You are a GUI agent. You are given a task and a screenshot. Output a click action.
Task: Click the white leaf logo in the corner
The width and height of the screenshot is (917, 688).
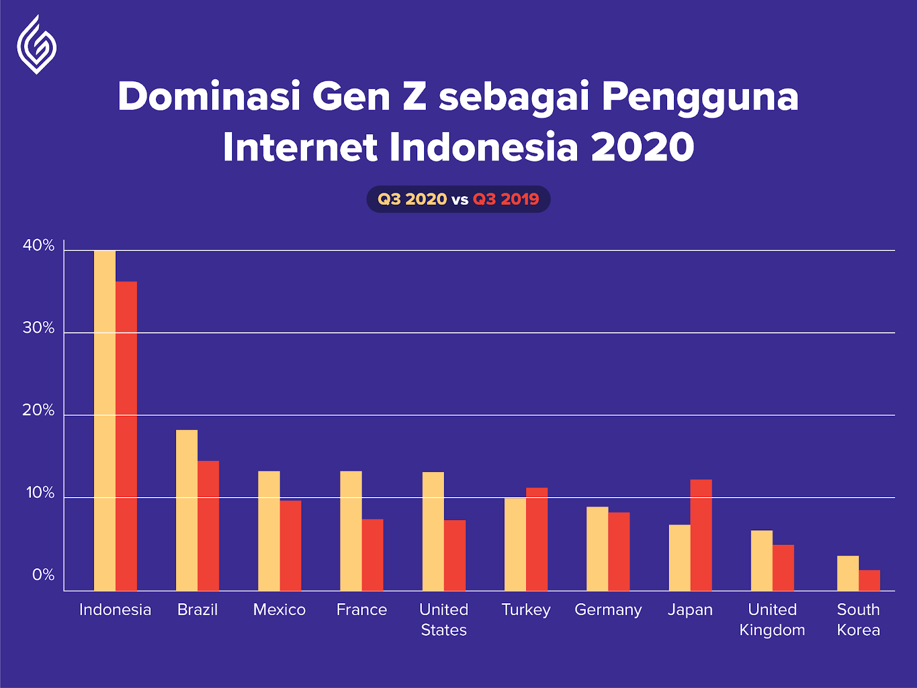pos(37,45)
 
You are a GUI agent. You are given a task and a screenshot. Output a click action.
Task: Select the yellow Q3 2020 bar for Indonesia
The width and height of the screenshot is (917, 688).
pos(105,421)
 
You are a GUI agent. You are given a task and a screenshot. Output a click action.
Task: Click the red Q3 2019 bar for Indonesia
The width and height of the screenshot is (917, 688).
pos(126,436)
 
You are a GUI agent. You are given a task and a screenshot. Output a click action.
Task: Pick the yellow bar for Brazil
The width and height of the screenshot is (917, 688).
pos(187,510)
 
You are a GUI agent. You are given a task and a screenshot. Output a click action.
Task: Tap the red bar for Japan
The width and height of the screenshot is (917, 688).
pos(701,535)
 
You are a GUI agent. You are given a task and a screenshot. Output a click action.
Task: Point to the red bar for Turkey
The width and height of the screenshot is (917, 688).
pos(537,540)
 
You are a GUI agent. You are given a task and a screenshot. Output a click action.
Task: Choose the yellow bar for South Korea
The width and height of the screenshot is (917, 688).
pos(848,573)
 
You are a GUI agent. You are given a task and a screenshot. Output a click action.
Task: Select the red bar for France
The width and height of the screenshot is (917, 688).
pos(373,555)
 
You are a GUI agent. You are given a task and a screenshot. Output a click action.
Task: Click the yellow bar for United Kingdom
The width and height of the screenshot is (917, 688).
pos(762,561)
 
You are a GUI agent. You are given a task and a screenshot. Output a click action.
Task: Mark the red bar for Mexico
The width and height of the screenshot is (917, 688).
pos(291,546)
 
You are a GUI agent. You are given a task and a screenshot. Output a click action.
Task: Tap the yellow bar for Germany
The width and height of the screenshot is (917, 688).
pos(597,549)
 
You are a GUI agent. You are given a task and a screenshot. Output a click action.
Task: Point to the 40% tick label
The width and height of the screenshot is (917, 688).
pos(38,245)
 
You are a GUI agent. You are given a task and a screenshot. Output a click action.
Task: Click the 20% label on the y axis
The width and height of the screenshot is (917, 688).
pos(38,410)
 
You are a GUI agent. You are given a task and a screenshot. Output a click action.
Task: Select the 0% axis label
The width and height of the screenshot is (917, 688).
pos(44,575)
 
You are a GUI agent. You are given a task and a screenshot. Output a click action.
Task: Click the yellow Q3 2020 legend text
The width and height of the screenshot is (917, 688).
pos(412,199)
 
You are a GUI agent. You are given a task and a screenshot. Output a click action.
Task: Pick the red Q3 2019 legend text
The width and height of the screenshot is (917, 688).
pos(506,199)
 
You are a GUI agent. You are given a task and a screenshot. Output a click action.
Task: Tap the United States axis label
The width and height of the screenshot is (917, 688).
pos(444,620)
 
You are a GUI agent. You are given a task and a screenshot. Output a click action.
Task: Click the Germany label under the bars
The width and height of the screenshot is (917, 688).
pos(608,611)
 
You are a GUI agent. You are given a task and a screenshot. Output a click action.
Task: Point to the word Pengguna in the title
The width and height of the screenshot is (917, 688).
pos(700,98)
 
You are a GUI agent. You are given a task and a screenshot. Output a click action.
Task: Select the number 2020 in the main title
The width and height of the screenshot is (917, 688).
pos(642,147)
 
